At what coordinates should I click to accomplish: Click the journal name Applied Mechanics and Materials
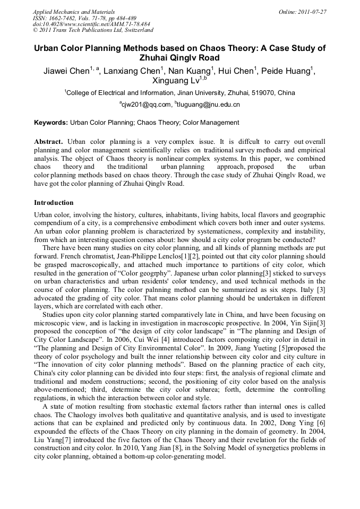pos(73,11)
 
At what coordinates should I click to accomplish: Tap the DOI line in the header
pos(91,24)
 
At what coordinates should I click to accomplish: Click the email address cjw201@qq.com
pos(147,105)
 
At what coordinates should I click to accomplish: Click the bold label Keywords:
pos(51,123)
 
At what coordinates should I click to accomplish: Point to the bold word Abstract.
pos(48,142)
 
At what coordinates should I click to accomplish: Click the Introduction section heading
pos(54,203)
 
